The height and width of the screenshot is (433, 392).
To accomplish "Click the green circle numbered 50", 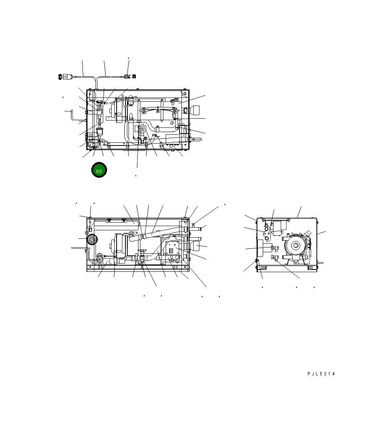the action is coord(99,170).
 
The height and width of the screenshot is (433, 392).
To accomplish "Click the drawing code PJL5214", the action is coord(321,374).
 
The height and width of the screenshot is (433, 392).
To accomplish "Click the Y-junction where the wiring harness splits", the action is coord(96,79).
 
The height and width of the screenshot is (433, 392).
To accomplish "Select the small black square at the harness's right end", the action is coord(134,76).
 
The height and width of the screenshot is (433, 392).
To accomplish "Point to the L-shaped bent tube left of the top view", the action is coord(72,116).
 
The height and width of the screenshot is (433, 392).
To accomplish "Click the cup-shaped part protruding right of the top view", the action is coord(195,110).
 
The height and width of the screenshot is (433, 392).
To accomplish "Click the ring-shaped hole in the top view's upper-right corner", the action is coord(184,94).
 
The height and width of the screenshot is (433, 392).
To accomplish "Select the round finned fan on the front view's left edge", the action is coord(92,239).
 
